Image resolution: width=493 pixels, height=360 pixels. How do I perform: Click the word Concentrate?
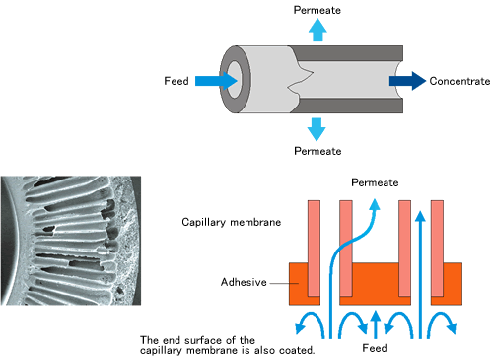pyautogui.click(x=459, y=80)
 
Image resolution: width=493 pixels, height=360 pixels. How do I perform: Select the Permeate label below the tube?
pyautogui.click(x=317, y=151)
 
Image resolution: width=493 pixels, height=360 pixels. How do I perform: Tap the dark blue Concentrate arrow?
pyautogui.click(x=405, y=80)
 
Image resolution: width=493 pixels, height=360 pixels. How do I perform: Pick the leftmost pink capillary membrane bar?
pyautogui.click(x=313, y=247)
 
